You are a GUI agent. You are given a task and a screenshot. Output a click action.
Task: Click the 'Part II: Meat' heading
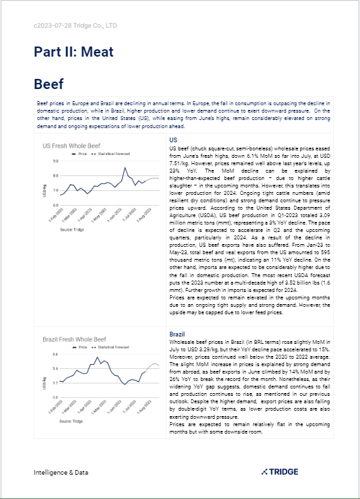(x=74, y=51)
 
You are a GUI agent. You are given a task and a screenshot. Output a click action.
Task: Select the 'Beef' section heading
(x=49, y=84)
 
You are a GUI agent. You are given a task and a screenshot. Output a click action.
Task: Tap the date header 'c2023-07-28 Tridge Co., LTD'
(x=75, y=26)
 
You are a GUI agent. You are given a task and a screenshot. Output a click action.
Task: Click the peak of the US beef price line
(x=125, y=167)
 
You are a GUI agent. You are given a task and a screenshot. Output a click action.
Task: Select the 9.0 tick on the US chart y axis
(x=55, y=162)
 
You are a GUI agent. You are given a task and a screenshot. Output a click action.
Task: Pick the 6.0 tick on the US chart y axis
(x=55, y=204)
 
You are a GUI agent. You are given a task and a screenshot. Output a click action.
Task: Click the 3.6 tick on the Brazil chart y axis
(x=55, y=354)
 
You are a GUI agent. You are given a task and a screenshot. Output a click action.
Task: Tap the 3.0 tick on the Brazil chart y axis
(x=55, y=397)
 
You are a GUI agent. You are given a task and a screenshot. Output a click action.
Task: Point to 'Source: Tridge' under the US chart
(x=72, y=229)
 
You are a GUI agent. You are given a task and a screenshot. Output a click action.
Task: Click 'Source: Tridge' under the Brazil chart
(x=72, y=422)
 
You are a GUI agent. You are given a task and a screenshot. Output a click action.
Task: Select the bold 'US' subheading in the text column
(x=173, y=140)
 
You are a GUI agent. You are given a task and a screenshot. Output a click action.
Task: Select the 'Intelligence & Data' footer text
(x=61, y=473)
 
